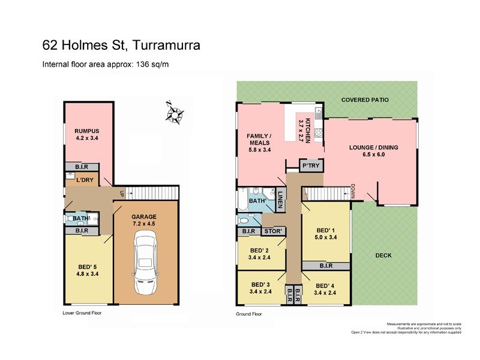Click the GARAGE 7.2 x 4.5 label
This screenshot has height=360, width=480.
click(x=145, y=220)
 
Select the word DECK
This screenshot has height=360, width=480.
click(x=383, y=255)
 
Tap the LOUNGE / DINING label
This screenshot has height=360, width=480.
click(x=374, y=151)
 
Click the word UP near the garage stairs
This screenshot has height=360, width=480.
click(x=122, y=193)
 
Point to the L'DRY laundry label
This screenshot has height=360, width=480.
click(x=85, y=180)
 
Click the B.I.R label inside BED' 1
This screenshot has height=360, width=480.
click(x=326, y=265)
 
